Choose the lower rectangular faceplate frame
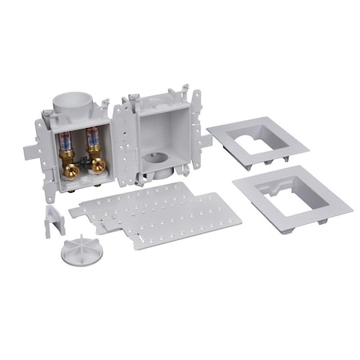click(x=292, y=197)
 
